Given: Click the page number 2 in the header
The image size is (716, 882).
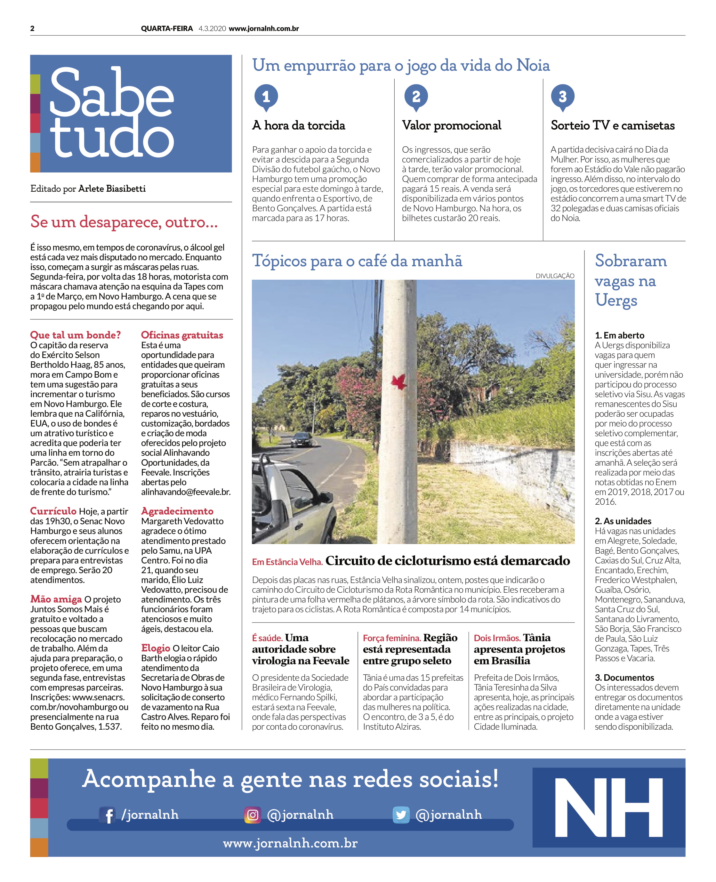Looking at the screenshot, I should tap(32, 28).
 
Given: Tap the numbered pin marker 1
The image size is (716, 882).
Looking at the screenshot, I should tap(266, 97).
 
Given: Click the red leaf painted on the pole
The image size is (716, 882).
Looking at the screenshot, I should tap(399, 382).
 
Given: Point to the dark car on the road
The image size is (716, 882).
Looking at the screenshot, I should tap(302, 439).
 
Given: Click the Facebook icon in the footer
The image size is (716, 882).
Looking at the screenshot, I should tap(107, 815).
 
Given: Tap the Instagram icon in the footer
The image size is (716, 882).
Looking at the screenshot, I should tap(253, 815).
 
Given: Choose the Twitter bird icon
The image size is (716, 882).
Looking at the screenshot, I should tap(401, 815).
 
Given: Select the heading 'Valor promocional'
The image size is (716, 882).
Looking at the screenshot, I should tap(451, 125).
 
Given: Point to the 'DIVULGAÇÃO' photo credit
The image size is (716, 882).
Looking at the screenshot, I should tap(555, 276).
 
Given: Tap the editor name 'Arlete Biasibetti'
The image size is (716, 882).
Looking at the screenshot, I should tap(112, 189).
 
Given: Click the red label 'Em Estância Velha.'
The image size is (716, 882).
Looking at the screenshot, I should tap(287, 562).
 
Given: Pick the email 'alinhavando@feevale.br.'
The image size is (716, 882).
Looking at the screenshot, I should tap(186, 492).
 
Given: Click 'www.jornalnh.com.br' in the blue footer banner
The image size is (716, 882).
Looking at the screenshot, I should tap(290, 843).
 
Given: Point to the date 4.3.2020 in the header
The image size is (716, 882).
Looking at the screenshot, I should tap(212, 28).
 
